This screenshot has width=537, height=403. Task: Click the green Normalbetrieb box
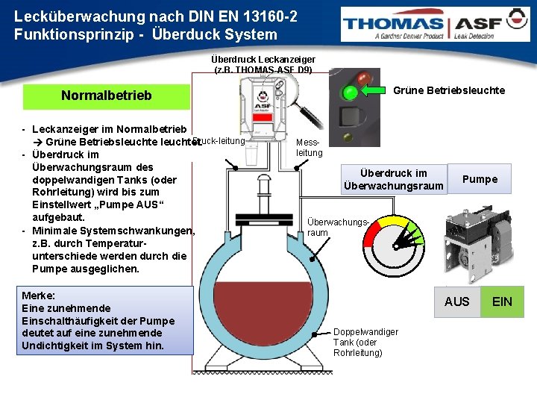106,96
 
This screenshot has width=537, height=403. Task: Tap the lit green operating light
349,93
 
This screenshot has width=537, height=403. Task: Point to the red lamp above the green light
365,78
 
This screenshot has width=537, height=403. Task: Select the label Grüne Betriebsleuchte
449,90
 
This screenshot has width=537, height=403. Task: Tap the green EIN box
502,302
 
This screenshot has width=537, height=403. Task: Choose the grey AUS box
457,302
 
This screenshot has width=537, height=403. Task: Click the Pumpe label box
480,179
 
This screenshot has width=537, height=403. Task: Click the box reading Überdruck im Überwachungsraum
393,179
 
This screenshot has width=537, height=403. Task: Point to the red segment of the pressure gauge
371,237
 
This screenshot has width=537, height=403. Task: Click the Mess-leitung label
310,147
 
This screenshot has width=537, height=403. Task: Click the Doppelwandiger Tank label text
365,342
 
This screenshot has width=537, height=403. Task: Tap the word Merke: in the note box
39,296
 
